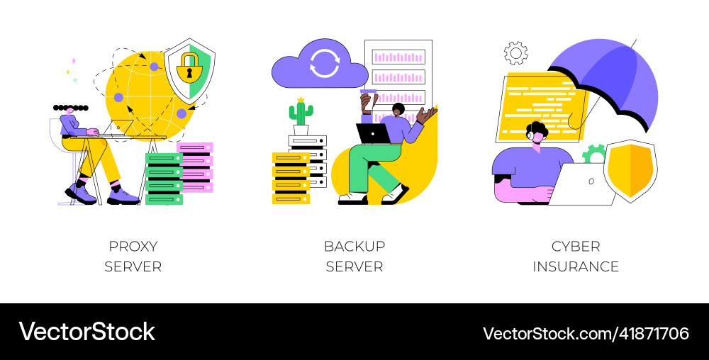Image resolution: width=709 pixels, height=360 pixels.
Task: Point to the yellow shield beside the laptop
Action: (x=630, y=170)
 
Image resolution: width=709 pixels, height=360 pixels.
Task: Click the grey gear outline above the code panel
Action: (x=515, y=53)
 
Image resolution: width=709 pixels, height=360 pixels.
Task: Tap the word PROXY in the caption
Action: (x=133, y=247)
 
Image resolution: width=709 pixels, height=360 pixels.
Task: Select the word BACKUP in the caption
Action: (x=354, y=247)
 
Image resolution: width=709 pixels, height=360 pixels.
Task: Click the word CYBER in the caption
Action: (x=576, y=247)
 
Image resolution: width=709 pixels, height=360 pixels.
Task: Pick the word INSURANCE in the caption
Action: (x=576, y=267)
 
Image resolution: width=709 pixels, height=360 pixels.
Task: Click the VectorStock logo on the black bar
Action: (x=86, y=332)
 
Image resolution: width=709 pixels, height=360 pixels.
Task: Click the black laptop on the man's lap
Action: (x=373, y=133)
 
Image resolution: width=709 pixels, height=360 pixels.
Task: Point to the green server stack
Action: (x=164, y=179)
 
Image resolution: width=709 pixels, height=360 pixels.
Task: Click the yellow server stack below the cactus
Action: (x=291, y=177)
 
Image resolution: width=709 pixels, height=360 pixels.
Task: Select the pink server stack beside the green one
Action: (x=196, y=167)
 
